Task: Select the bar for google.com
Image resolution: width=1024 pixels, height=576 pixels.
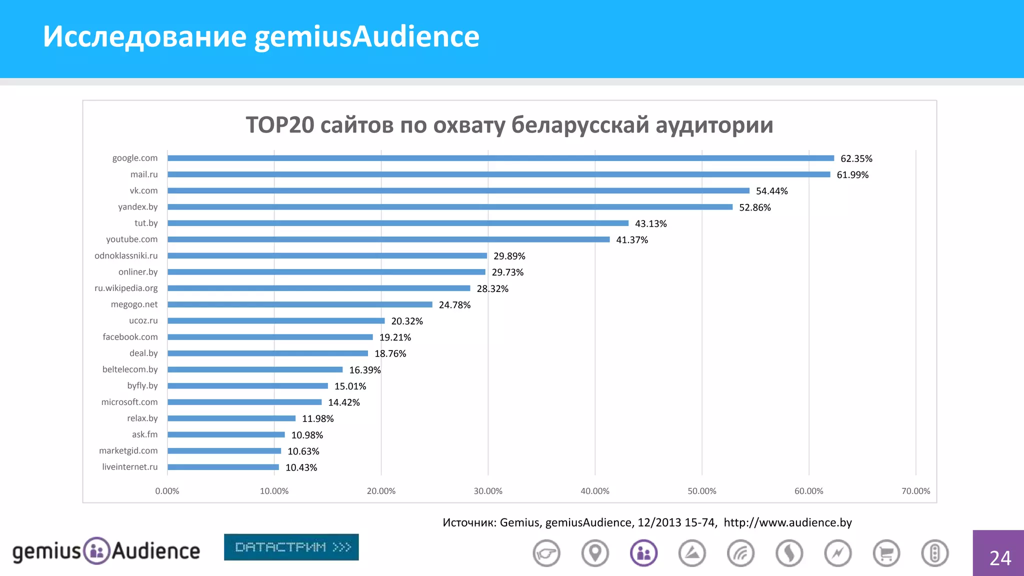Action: click(500, 158)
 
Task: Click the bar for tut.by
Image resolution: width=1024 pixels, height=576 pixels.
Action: click(397, 223)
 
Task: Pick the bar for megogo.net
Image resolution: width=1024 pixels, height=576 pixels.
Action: click(300, 304)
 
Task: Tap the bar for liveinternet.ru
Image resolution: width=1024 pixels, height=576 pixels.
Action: click(223, 467)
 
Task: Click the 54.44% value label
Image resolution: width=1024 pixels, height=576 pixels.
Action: click(771, 191)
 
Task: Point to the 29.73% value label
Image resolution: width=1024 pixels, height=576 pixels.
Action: click(507, 272)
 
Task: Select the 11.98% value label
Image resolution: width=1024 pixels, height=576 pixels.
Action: click(317, 418)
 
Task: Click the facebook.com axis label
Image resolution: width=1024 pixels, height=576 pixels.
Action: click(130, 337)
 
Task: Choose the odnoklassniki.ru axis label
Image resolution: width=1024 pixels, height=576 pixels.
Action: click(126, 255)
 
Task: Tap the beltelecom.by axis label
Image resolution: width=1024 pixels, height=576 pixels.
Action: click(130, 369)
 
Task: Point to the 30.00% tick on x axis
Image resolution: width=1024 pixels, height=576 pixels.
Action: click(488, 491)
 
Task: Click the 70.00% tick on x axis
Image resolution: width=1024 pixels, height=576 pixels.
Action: click(915, 491)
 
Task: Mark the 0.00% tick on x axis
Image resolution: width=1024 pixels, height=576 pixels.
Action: click(167, 491)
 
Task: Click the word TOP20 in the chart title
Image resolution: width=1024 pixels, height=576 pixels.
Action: click(280, 125)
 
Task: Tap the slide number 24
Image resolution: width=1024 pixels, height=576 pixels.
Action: click(1000, 558)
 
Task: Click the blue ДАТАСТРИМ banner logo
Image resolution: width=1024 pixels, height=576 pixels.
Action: click(291, 547)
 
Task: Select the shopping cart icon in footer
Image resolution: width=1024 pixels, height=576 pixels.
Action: click(886, 553)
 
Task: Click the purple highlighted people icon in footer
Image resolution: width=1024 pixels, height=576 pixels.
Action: click(643, 553)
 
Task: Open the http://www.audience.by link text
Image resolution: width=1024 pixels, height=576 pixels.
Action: click(787, 522)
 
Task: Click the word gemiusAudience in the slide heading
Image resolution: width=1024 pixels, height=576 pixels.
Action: click(367, 36)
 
